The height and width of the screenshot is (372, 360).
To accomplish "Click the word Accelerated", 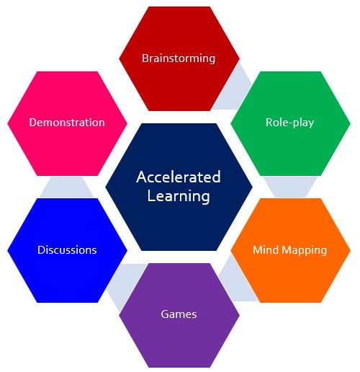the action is pos(179,177).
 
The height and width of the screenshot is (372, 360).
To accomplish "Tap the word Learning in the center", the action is pos(179,196).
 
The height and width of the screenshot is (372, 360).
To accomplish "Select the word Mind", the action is pos(266,249).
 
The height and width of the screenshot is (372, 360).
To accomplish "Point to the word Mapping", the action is pos(305,251).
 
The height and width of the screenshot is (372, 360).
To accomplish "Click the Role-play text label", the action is pos(290,123).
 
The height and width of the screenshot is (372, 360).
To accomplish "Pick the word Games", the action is pos(179,314).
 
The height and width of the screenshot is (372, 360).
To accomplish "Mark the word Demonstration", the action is pos(67,123).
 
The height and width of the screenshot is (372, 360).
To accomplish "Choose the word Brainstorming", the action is pos(179,58).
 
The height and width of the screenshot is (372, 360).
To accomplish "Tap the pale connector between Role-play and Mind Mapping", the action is pos(290,187).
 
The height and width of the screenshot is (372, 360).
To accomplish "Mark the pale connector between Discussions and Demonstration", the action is pos(67,187).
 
